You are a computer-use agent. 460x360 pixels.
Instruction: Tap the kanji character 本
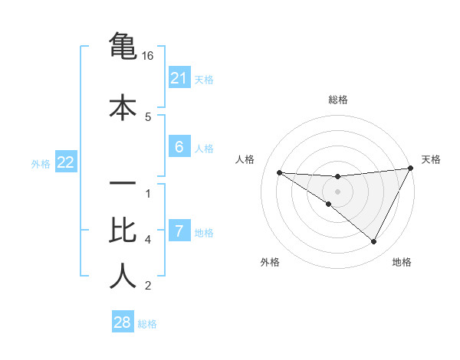(x=123, y=106)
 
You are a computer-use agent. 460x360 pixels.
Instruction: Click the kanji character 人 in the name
(x=123, y=277)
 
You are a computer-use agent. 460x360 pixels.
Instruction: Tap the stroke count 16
(x=148, y=56)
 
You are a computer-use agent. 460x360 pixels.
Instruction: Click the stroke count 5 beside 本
(x=148, y=116)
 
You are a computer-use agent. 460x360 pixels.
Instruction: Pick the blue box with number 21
(x=179, y=77)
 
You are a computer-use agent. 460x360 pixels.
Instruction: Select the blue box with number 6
(x=179, y=148)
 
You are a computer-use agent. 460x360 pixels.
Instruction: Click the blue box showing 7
(x=179, y=231)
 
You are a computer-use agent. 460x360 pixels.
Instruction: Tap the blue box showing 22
(x=65, y=162)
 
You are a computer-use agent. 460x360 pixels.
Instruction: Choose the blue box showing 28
(x=123, y=322)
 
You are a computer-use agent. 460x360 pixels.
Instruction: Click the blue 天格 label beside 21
(x=204, y=79)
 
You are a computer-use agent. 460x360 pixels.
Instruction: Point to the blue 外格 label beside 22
(x=41, y=163)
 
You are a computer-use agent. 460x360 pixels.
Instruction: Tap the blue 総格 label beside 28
(x=147, y=323)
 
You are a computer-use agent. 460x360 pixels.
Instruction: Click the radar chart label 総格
(x=337, y=100)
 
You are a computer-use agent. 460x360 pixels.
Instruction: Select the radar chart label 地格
(x=402, y=262)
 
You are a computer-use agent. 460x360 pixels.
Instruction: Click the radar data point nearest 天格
(x=411, y=169)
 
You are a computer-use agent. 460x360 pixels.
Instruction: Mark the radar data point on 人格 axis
(x=280, y=172)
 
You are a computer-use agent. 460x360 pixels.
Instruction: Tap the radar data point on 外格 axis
(x=329, y=204)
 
